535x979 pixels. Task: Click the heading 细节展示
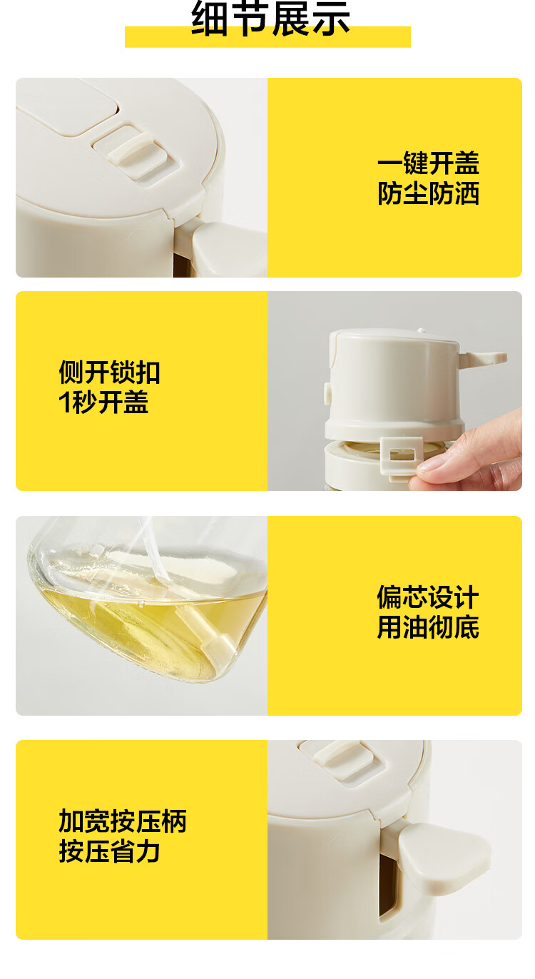pos(270,19)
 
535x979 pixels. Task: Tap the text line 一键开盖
pos(428,163)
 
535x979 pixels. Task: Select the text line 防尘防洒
pos(428,193)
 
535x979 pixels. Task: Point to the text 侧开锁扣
pos(109,372)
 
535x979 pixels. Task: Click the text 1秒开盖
pos(103,402)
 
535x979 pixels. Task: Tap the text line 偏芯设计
pos(428,597)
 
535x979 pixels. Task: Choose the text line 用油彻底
pos(428,627)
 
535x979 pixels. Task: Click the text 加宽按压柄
pos(123,821)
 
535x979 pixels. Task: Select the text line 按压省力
pos(109,851)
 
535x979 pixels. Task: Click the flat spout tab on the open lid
pos(482,358)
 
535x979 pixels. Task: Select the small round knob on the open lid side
pos(327,393)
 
